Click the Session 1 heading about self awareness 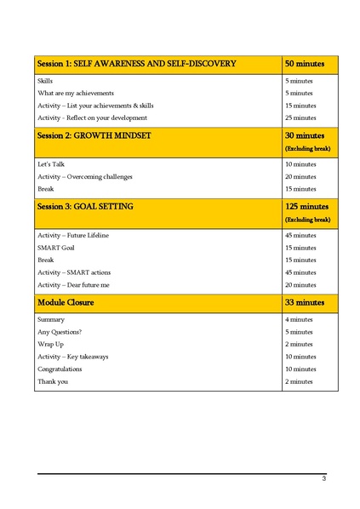136,64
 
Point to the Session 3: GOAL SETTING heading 85,206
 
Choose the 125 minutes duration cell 306,206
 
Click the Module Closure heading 66,302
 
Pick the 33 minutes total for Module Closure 304,302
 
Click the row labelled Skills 45,80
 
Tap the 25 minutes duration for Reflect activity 300,117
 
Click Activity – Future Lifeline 73,235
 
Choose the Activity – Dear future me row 73,284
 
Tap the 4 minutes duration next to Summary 299,319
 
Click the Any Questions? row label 60,331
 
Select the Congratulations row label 60,369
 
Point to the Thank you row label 53,381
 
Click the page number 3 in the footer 323,479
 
